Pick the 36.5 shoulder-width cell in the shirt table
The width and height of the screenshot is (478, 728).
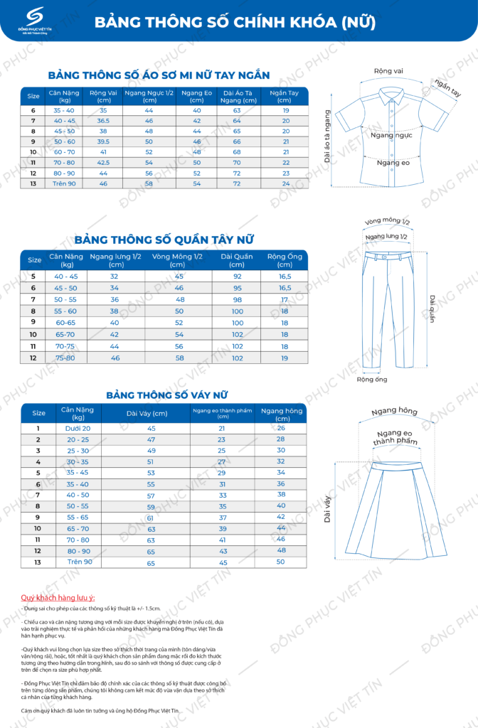tap(103, 121)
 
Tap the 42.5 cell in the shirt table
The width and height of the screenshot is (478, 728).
tap(103, 163)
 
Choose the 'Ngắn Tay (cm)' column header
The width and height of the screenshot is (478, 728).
tap(285, 96)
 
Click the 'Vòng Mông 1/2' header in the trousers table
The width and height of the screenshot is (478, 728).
tap(179, 259)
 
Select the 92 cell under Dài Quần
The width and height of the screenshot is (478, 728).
tap(237, 276)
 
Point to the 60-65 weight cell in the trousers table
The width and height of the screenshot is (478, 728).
tap(65, 322)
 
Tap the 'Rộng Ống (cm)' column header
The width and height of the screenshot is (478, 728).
tap(285, 259)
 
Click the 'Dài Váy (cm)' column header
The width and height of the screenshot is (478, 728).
tap(147, 413)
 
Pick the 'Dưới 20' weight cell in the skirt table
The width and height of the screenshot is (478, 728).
tap(78, 428)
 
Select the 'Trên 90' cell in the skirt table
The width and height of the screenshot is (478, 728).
tap(80, 562)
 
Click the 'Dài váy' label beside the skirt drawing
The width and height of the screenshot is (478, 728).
tap(328, 509)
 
